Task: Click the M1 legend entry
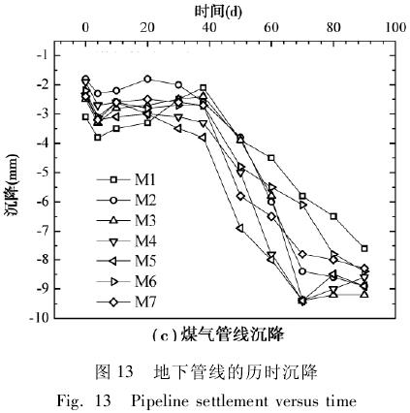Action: (x=126, y=179)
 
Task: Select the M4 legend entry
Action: (x=126, y=241)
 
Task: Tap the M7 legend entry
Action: (x=126, y=302)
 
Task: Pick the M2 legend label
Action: (x=145, y=201)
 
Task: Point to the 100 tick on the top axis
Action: (x=395, y=28)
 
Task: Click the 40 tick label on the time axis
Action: (x=209, y=28)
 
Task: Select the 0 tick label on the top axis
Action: (x=85, y=28)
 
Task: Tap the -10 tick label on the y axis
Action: (x=40, y=318)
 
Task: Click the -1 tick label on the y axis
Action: (x=43, y=55)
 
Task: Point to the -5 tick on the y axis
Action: (x=43, y=173)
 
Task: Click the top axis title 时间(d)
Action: (x=218, y=12)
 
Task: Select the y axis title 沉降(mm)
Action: (x=12, y=186)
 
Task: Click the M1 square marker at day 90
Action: (x=364, y=248)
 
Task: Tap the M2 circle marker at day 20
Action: (x=147, y=79)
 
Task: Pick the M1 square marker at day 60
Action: (x=271, y=158)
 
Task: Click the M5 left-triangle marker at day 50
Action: (x=239, y=228)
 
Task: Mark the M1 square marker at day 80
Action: (x=333, y=216)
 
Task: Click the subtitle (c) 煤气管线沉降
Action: (x=218, y=334)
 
